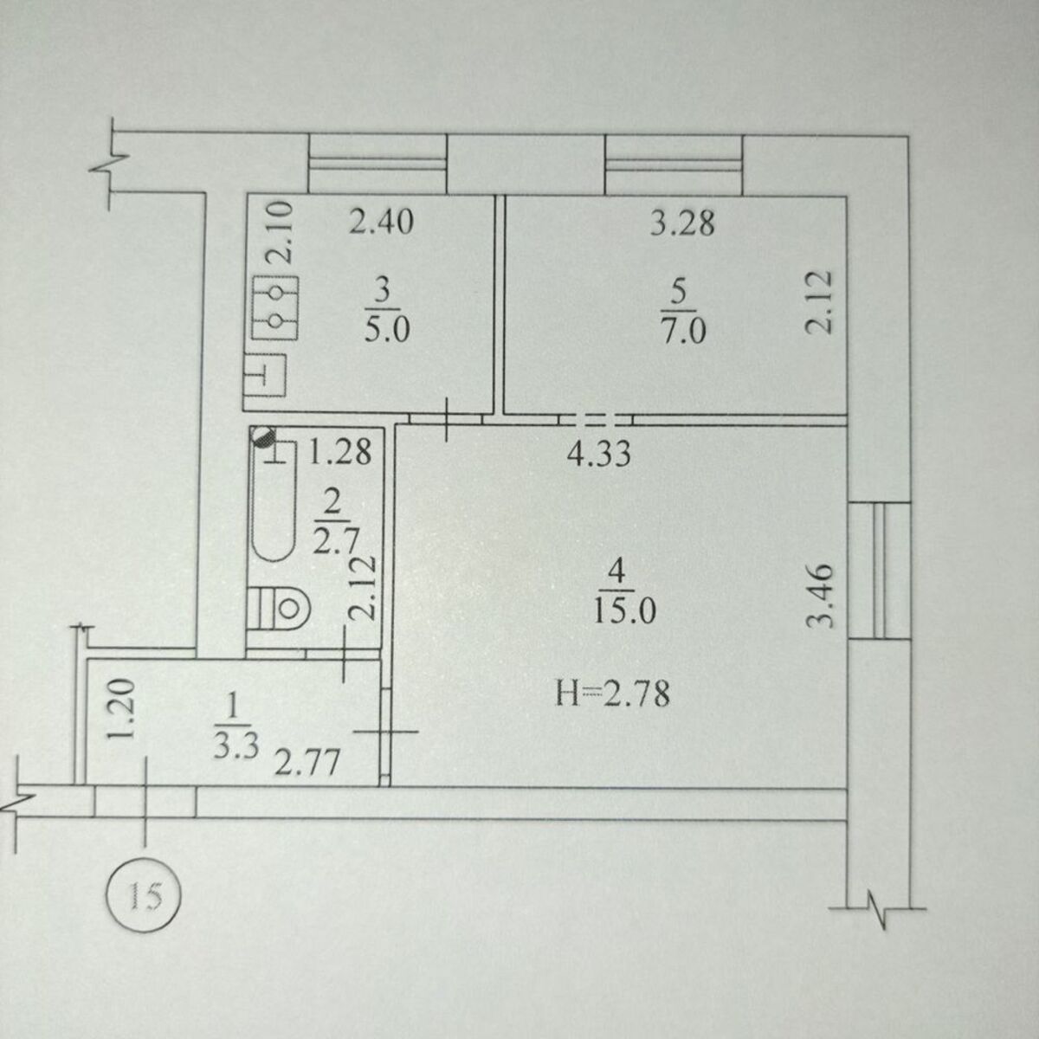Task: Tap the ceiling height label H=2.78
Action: pyautogui.click(x=613, y=694)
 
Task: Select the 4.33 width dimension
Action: pyautogui.click(x=598, y=454)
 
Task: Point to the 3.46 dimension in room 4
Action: pyautogui.click(x=821, y=596)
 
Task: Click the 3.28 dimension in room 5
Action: pyautogui.click(x=682, y=223)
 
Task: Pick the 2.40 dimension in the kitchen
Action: pyautogui.click(x=381, y=221)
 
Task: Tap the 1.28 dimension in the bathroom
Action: pyautogui.click(x=339, y=452)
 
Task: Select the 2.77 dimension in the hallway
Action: pyautogui.click(x=307, y=762)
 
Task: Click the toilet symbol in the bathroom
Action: pyautogui.click(x=280, y=608)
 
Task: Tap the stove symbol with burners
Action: pyautogui.click(x=275, y=308)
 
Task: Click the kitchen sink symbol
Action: pyautogui.click(x=264, y=376)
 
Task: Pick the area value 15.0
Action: pyautogui.click(x=624, y=612)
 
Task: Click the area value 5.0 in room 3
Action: pyautogui.click(x=387, y=329)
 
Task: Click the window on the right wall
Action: pyautogui.click(x=879, y=571)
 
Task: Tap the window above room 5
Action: pyautogui.click(x=674, y=165)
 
